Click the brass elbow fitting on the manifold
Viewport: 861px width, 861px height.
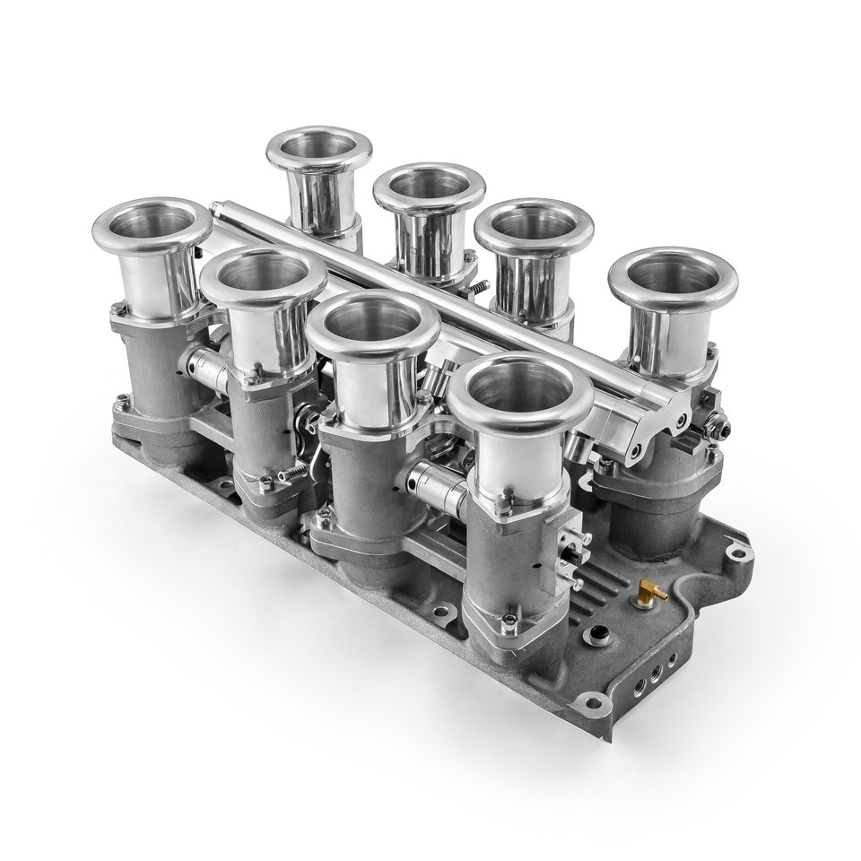pyautogui.click(x=648, y=592)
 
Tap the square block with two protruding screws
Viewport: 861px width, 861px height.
pyautogui.click(x=565, y=544)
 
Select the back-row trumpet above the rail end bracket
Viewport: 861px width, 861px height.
pyautogui.click(x=673, y=283)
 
